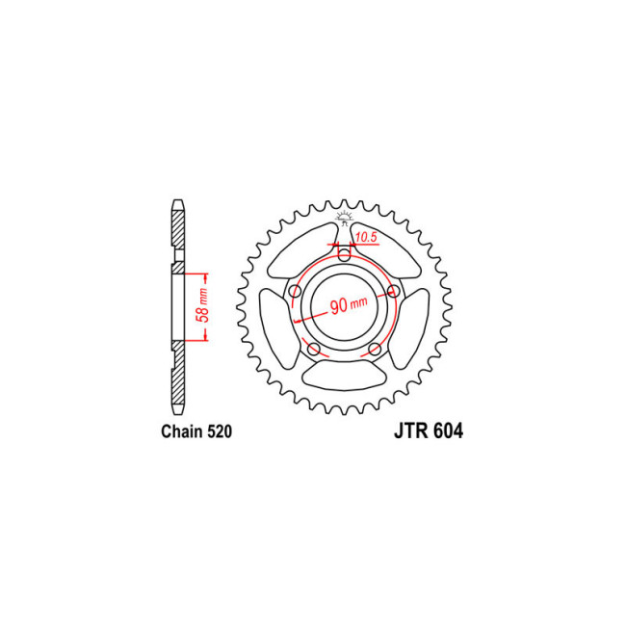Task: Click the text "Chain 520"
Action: pyautogui.click(x=196, y=432)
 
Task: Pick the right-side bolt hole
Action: pyautogui.click(x=393, y=291)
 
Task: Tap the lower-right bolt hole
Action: pyautogui.click(x=375, y=349)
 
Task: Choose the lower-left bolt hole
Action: pyautogui.click(x=314, y=349)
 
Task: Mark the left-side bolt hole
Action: pyautogui.click(x=295, y=291)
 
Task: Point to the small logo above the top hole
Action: pyautogui.click(x=344, y=218)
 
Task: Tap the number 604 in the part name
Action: pyautogui.click(x=446, y=432)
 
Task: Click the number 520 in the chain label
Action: pyautogui.click(x=218, y=432)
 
